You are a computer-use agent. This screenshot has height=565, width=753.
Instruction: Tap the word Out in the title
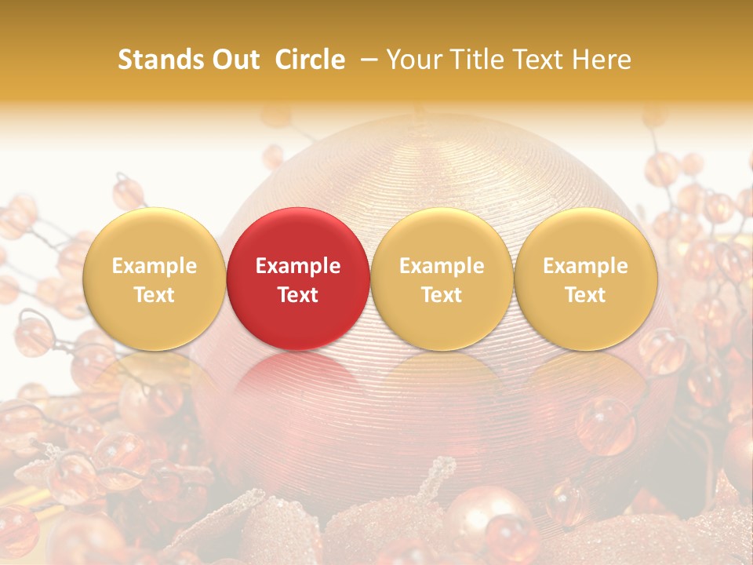point(235,60)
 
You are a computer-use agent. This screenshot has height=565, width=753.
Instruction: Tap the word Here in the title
point(601,60)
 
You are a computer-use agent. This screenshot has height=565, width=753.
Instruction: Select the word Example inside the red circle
point(297,266)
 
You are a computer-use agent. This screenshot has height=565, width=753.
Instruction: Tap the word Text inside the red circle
point(297,295)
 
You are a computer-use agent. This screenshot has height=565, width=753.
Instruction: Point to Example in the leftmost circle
point(154,266)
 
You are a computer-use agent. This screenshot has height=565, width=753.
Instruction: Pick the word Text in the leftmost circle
point(154,295)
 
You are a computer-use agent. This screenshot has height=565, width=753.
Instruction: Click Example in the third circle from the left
point(442,266)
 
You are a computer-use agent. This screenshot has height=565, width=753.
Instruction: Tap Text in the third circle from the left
point(442,295)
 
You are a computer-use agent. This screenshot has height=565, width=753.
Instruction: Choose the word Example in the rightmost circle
point(585,266)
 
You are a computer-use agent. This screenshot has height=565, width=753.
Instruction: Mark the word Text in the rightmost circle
point(585,295)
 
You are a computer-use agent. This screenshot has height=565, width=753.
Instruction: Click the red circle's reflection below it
point(297,385)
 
